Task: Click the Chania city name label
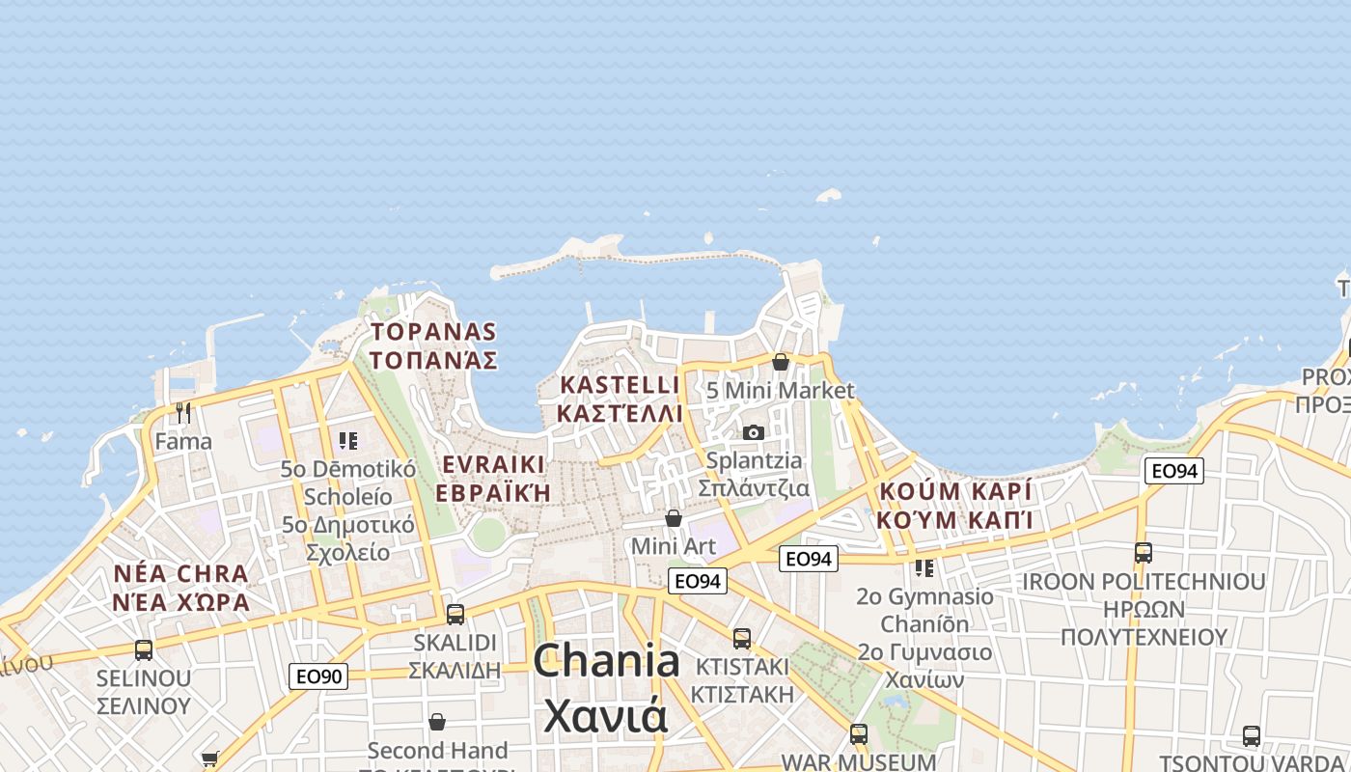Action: click(x=606, y=688)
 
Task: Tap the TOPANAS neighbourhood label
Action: click(x=433, y=346)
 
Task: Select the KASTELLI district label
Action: click(x=620, y=400)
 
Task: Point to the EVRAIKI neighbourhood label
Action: click(x=493, y=479)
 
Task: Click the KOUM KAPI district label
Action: click(x=955, y=505)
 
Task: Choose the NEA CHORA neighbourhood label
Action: click(x=181, y=588)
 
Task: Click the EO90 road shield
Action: click(x=318, y=676)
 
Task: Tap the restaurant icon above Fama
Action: click(x=183, y=413)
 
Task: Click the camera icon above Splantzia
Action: click(x=754, y=432)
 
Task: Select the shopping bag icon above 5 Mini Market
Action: click(x=780, y=362)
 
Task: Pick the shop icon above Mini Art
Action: click(x=674, y=518)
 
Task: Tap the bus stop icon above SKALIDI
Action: click(x=455, y=614)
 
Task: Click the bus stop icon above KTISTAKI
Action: click(x=741, y=638)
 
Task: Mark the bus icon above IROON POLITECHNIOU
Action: click(x=1144, y=553)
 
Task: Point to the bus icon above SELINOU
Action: click(x=144, y=649)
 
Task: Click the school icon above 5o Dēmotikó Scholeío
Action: click(x=348, y=441)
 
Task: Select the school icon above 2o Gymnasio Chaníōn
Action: click(x=924, y=567)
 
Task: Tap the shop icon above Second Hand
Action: click(x=437, y=722)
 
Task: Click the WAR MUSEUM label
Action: click(x=858, y=761)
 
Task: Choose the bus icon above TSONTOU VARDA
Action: click(x=1252, y=735)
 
